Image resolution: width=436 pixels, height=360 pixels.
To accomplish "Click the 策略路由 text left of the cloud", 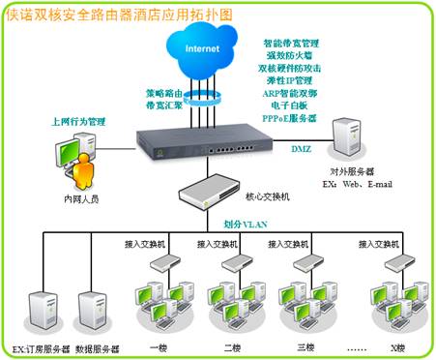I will [163, 93].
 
